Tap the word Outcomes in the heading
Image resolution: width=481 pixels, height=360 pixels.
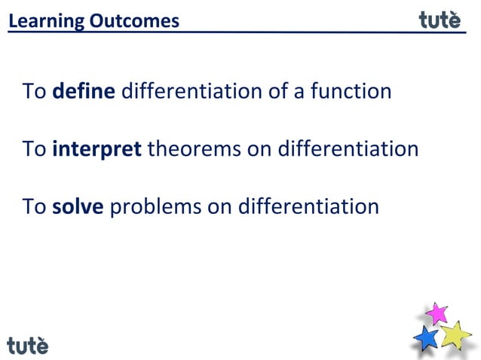tap(134, 21)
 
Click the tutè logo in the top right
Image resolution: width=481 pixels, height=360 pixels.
tap(440, 20)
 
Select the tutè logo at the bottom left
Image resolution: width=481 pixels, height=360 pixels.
tap(28, 345)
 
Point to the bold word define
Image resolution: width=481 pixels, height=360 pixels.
tap(84, 92)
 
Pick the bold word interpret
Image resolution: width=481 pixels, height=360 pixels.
tap(97, 149)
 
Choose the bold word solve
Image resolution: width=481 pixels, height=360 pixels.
tap(78, 206)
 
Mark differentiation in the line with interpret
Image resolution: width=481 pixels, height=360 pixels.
tap(348, 149)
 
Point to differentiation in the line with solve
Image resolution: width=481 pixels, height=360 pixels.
tap(308, 206)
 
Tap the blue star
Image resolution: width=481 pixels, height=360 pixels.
tap(427, 337)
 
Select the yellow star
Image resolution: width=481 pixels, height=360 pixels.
tap(455, 334)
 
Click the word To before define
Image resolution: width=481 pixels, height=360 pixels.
tap(35, 92)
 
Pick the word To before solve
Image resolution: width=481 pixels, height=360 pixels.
tap(35, 206)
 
